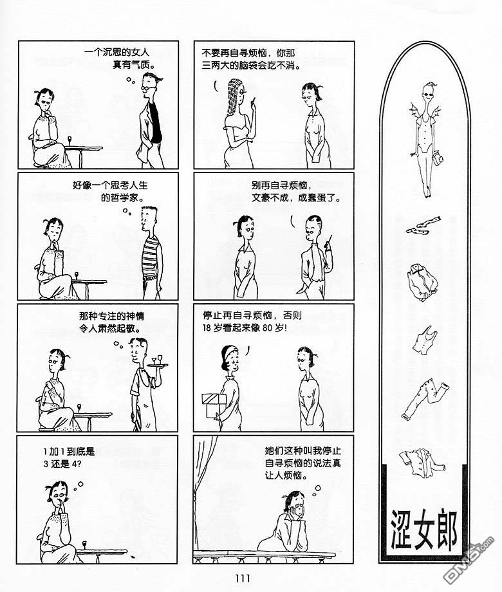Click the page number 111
coord(243,578)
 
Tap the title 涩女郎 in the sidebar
coord(424,530)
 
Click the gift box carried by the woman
coord(214,405)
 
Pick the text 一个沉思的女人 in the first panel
coord(116,53)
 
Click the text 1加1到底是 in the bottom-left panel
coord(69,451)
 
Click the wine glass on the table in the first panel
coord(70,141)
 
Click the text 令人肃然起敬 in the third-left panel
coord(110,328)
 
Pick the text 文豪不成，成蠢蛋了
coord(296,198)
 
